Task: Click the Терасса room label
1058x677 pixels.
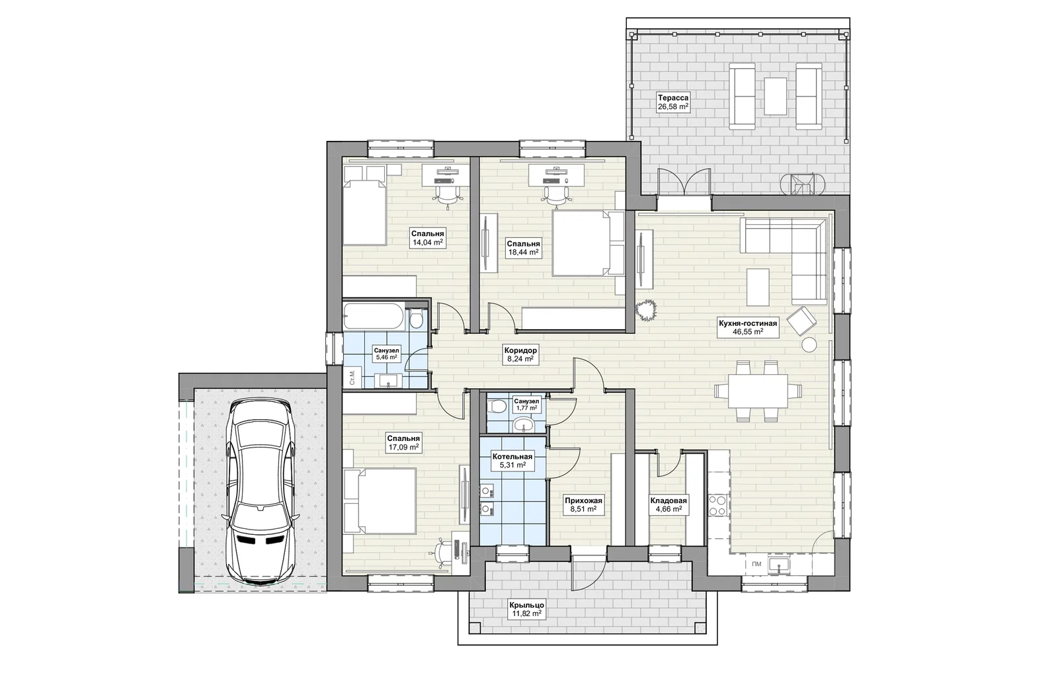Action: (x=673, y=98)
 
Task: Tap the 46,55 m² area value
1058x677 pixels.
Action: (x=748, y=332)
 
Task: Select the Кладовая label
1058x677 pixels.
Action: (x=669, y=500)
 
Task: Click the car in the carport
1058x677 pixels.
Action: (x=261, y=492)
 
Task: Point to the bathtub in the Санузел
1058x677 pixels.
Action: (x=373, y=316)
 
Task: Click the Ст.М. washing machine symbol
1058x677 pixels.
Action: (x=352, y=378)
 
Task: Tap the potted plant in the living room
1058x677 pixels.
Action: (x=646, y=311)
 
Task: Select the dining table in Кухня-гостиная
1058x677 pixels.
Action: (x=758, y=391)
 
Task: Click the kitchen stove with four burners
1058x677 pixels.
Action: (x=718, y=504)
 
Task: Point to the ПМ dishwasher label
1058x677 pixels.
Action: (x=756, y=564)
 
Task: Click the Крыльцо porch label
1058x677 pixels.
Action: (x=526, y=605)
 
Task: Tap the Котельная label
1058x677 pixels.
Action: (x=512, y=457)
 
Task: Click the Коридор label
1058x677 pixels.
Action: (x=520, y=350)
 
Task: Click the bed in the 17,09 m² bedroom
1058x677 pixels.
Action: (x=380, y=501)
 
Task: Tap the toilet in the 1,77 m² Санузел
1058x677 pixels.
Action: (x=497, y=406)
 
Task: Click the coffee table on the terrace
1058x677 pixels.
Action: (x=775, y=97)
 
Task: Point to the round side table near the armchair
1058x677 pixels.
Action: (x=809, y=344)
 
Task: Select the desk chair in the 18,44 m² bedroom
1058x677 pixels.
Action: (x=556, y=196)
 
